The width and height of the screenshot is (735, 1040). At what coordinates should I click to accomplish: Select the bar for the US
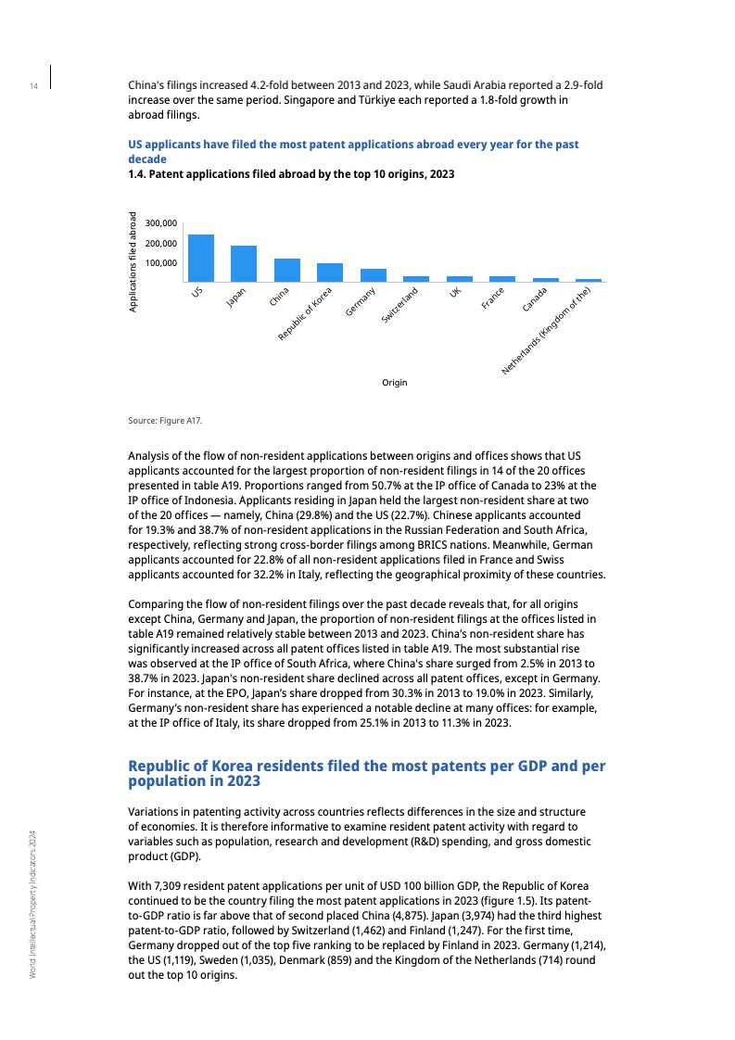tap(200, 258)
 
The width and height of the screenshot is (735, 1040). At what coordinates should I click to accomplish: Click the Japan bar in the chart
tap(244, 263)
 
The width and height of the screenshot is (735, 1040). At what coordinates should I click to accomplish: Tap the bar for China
tap(286, 270)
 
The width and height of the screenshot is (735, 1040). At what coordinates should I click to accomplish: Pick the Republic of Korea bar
tap(330, 272)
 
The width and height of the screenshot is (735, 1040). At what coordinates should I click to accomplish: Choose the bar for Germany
tap(373, 274)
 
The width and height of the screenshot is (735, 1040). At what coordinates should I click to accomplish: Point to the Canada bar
tap(545, 279)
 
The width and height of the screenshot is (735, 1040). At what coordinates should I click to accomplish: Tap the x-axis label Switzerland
tap(400, 306)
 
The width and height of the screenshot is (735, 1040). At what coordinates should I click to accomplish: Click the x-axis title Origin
tap(394, 383)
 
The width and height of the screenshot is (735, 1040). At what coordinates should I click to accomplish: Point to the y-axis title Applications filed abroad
tap(133, 261)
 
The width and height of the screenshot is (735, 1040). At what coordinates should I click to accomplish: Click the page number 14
tap(32, 87)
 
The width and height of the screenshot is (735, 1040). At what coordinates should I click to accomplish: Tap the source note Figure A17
tap(165, 421)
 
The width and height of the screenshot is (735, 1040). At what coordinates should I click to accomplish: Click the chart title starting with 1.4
tap(291, 174)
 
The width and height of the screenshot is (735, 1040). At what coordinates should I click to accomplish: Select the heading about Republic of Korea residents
tap(366, 774)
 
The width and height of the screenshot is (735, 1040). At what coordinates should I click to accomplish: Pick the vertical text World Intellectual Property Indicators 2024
tap(32, 904)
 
